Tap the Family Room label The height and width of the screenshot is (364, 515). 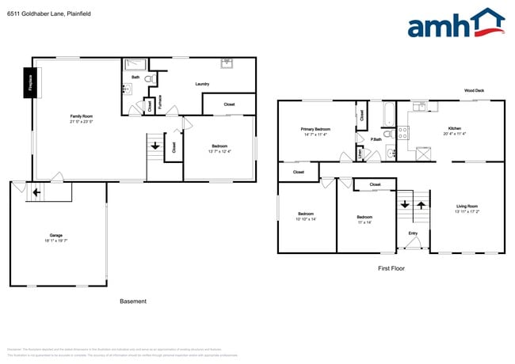tap(81, 116)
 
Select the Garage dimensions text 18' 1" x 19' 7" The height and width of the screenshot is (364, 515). tap(56, 241)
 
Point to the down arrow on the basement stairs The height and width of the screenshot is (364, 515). tap(154, 145)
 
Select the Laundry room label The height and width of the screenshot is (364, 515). tap(202, 83)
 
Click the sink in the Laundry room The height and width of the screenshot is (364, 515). tap(227, 63)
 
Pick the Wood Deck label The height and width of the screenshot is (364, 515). tap(474, 90)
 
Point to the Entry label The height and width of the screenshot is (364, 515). tap(413, 233)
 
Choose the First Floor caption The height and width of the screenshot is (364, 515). tap(391, 269)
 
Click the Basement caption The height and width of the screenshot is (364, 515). tap(132, 301)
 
